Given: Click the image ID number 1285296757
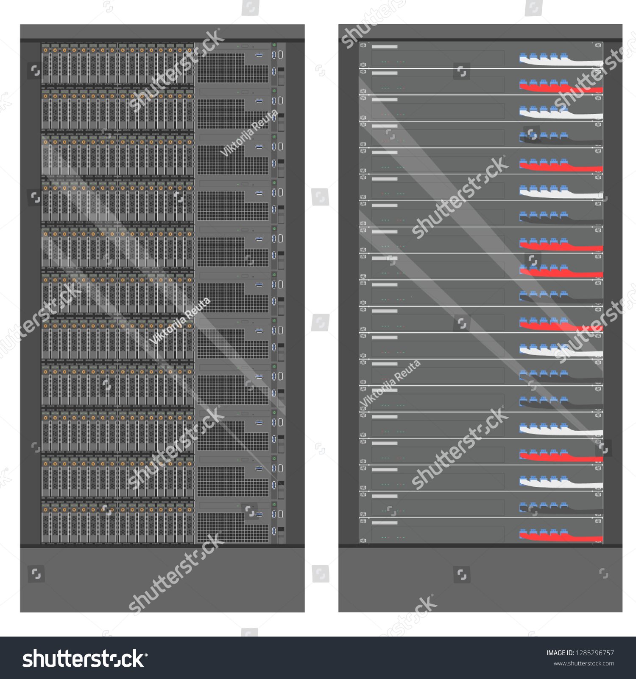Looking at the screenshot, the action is (x=594, y=653).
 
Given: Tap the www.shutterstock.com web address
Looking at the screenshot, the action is (x=584, y=664).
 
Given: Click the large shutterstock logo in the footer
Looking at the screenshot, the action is (x=85, y=659).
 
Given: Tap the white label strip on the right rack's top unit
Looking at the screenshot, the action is (x=385, y=47).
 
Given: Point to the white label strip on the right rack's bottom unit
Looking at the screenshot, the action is (x=385, y=522).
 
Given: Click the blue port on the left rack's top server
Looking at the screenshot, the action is (x=259, y=55).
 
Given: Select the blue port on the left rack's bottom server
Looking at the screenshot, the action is (x=259, y=514).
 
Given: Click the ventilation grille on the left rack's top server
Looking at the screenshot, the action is (x=232, y=68).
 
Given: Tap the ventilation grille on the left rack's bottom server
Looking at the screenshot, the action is (x=232, y=527).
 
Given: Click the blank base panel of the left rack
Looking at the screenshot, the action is (x=162, y=580).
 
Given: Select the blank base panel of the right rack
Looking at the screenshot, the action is (x=480, y=580).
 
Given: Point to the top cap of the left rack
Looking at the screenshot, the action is (x=162, y=32).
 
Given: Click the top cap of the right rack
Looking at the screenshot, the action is (x=480, y=32).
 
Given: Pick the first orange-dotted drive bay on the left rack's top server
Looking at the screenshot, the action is (x=46, y=64).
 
